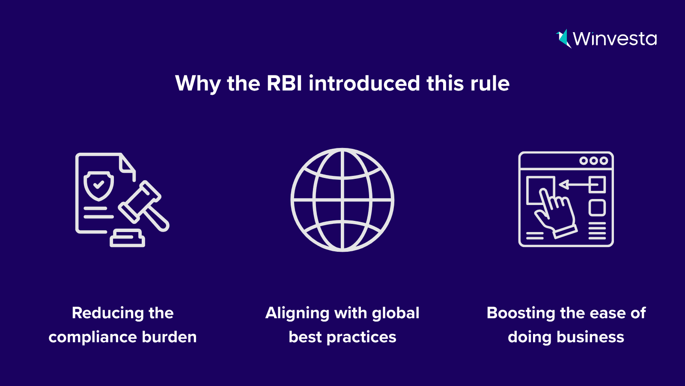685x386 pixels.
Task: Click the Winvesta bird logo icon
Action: pos(563,39)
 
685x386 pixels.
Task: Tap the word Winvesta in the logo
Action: pos(615,39)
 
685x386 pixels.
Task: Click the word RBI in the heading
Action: pos(284,83)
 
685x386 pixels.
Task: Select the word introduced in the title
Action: pos(364,83)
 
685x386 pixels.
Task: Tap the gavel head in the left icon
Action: pos(140,202)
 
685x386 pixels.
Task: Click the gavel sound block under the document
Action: pos(127,238)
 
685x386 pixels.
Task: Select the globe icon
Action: pos(342,200)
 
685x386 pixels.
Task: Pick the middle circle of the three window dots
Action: pos(593,160)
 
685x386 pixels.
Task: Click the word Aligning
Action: pos(297,314)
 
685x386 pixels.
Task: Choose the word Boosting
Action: pos(521,314)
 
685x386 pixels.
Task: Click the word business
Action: pos(590,337)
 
